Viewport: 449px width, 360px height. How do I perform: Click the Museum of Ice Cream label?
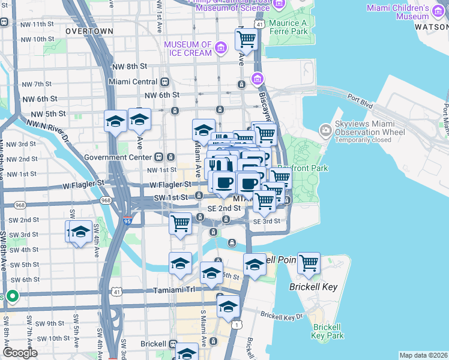coord(188,49)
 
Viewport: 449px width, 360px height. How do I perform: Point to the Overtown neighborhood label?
coord(89,31)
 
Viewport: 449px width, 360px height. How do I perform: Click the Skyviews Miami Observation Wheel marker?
coord(326,130)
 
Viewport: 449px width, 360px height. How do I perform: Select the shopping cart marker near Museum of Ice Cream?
coord(246,40)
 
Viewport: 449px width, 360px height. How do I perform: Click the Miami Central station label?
coord(133,82)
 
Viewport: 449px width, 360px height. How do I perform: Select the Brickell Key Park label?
coord(327,331)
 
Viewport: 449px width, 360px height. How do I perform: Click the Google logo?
coord(20,353)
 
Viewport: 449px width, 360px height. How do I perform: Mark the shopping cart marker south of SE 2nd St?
coord(180,223)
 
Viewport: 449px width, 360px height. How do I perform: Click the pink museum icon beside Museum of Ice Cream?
coord(221,48)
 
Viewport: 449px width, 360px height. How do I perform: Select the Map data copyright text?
coord(423,355)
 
